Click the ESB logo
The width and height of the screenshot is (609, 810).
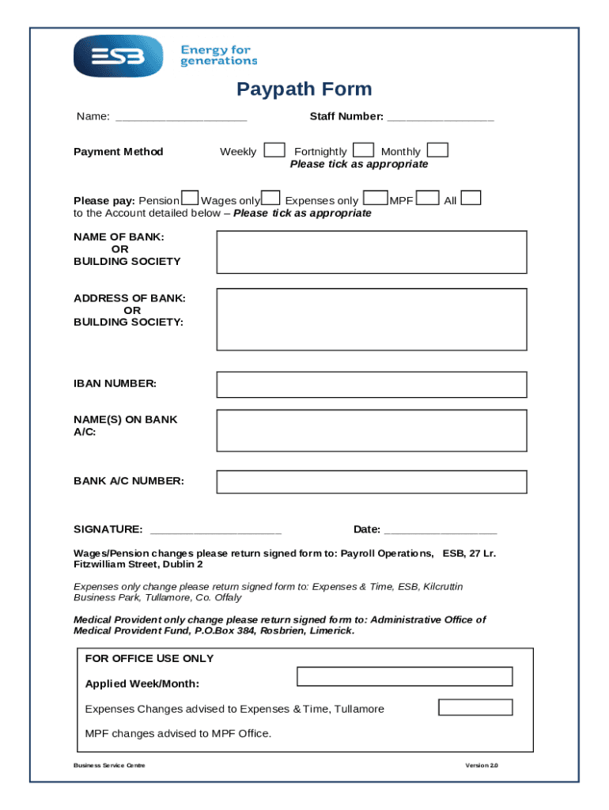point(118,56)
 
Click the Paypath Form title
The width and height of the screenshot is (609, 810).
point(304,89)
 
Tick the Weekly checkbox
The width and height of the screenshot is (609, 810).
point(274,150)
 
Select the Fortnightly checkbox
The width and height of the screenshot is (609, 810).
point(363,150)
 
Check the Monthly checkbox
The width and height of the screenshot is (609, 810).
point(437,150)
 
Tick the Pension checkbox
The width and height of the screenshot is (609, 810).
point(190,199)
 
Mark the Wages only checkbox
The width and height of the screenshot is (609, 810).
point(270,199)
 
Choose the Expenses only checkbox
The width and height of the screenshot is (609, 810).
point(376,199)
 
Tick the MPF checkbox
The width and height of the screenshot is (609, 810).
point(428,199)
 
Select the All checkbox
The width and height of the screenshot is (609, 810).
point(471,199)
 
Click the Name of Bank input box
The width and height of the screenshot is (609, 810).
point(372,252)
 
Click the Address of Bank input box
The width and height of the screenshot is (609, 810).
point(372,319)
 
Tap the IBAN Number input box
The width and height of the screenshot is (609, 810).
point(372,384)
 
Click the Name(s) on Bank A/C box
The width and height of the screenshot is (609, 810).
point(372,430)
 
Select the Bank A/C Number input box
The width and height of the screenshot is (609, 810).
point(372,482)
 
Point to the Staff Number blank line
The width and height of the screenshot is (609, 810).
point(441,118)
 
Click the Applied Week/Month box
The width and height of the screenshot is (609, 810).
point(404,676)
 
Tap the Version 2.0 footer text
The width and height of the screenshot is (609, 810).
point(482,766)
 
